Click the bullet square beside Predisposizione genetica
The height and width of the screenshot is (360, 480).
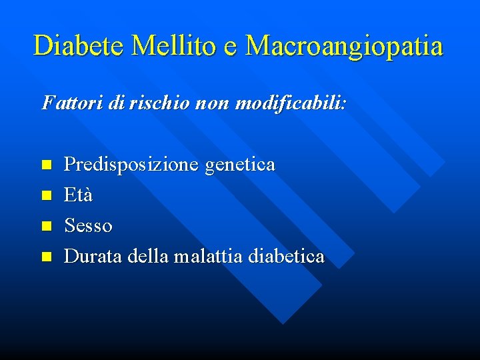coord(46,164)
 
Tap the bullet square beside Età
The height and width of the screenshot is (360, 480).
coord(46,195)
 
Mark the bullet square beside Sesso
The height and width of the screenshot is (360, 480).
coord(46,226)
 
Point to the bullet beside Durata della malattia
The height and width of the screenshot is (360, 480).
coord(46,257)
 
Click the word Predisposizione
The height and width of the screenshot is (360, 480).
coord(131,165)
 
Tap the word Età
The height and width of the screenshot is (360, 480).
coord(78,195)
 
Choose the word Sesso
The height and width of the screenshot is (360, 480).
coord(88,226)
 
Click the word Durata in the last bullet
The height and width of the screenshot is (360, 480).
coord(93,256)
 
